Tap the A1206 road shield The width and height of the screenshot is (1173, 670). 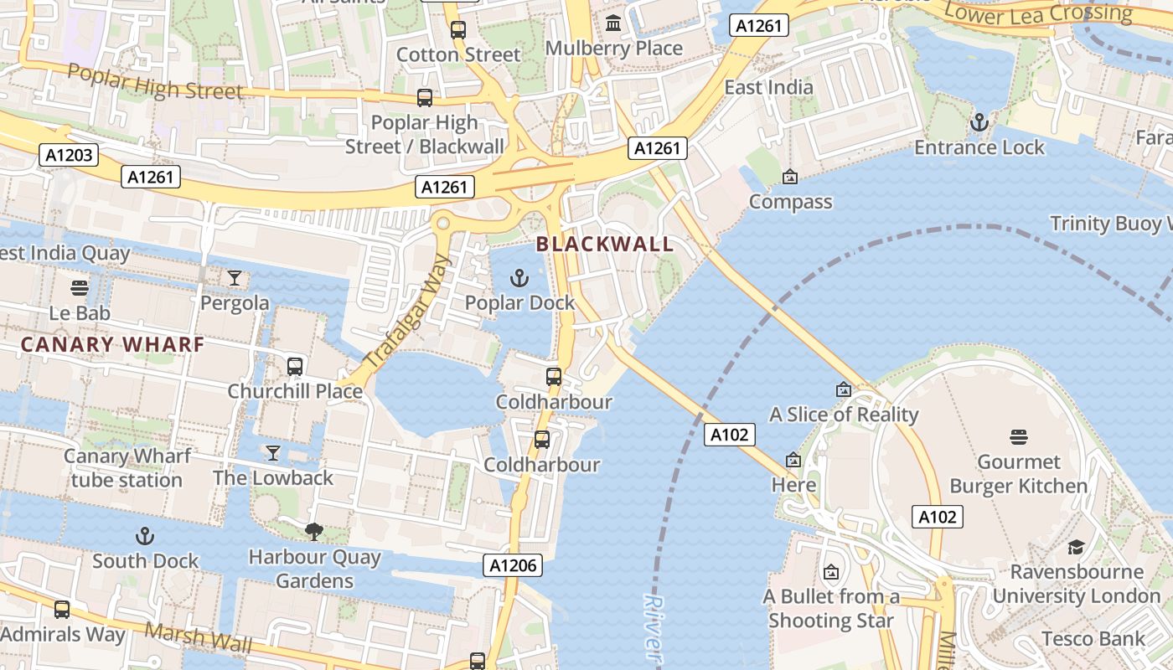point(513,565)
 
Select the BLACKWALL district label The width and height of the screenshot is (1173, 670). point(604,245)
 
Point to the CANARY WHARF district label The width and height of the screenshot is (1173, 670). point(112,344)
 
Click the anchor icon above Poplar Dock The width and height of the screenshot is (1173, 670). point(519,277)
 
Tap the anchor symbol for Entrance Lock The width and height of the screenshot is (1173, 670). point(979,123)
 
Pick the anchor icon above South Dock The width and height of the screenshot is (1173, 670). point(145,535)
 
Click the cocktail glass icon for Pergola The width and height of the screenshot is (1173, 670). point(235,277)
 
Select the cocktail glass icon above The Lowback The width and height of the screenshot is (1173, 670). point(273,453)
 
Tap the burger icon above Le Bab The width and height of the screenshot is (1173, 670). point(80,288)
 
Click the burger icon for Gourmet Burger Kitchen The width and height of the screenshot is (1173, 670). point(1019,436)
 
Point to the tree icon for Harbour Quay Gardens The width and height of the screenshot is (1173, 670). point(314,531)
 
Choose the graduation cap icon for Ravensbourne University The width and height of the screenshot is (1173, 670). point(1076,547)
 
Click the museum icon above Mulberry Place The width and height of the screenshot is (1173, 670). point(613,23)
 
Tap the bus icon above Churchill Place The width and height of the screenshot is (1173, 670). point(295,366)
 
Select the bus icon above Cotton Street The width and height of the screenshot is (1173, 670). point(458,30)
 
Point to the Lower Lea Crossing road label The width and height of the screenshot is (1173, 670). point(1037,13)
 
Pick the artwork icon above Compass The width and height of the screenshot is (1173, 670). point(789,177)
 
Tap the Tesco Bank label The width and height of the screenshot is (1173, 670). point(1093,639)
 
